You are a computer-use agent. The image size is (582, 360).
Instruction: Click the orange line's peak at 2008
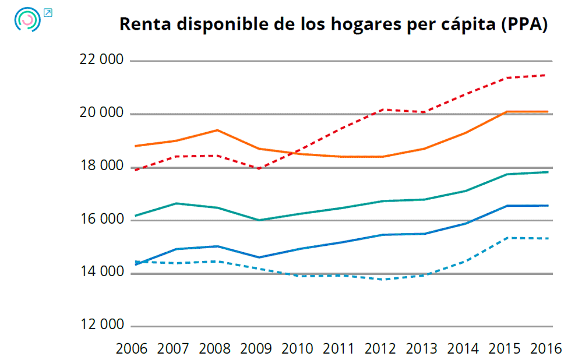217,130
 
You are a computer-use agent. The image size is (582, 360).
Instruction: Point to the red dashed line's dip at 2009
258,169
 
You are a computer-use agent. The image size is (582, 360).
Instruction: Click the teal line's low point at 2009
258,220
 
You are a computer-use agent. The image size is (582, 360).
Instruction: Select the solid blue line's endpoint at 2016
547,205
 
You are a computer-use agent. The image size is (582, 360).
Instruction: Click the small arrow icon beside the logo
48,12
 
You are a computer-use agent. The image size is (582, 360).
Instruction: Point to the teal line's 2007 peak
175,203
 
